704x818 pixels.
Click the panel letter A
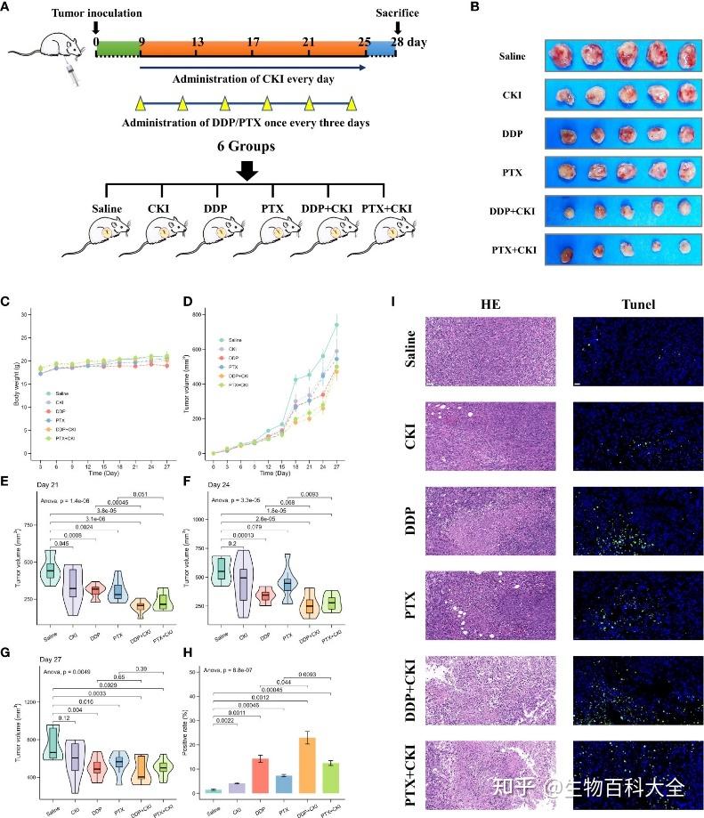[x=6, y=5]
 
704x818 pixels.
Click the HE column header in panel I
[x=490, y=304]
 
